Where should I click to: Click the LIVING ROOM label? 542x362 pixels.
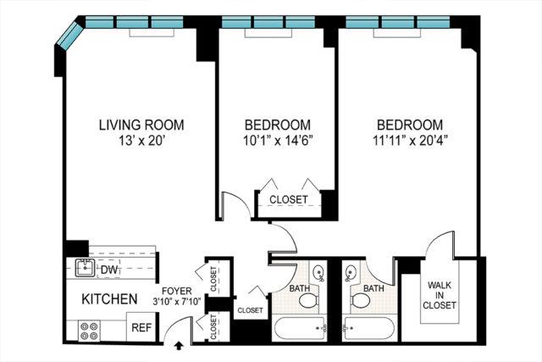tap(141, 125)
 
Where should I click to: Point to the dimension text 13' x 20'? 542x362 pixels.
tap(141, 141)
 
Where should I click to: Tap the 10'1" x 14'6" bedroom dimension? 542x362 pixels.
tap(278, 141)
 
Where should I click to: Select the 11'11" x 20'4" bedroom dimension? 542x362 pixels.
tap(410, 141)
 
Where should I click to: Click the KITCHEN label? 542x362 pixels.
tap(109, 299)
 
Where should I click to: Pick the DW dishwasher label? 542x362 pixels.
tap(109, 270)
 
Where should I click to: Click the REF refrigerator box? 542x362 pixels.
tap(142, 327)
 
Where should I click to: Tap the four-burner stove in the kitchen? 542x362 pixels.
tap(89, 331)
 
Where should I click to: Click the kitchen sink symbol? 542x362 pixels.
tap(85, 268)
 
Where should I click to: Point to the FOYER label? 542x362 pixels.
tap(177, 291)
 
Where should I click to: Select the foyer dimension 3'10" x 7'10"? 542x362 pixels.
tap(177, 302)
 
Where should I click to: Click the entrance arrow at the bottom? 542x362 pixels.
tap(179, 345)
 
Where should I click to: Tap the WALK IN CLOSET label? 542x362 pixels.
tap(440, 295)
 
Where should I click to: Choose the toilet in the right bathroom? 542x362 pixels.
tap(361, 300)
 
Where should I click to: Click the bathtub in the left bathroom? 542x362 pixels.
tap(300, 328)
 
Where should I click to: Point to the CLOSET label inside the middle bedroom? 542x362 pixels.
tap(289, 200)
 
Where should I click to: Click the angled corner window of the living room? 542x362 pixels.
tap(70, 35)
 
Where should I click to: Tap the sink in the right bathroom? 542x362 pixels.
tap(351, 271)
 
